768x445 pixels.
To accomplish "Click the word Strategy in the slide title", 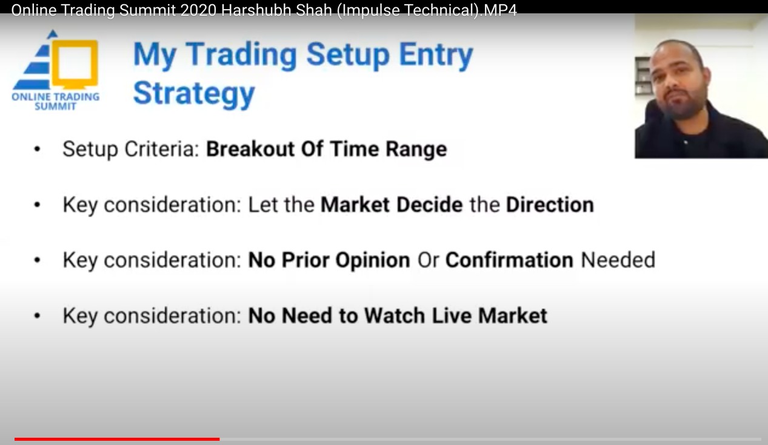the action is pos(194,93).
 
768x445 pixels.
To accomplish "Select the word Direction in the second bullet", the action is pos(550,205).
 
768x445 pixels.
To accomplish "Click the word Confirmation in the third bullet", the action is pos(510,260).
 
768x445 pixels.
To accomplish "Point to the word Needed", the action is pos(618,260).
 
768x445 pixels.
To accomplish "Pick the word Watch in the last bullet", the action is pos(394,315).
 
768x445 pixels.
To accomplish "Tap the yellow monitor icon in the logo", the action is pos(75,64).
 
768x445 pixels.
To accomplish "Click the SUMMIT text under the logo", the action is pos(56,107).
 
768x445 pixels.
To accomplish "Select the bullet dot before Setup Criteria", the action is pos(38,150).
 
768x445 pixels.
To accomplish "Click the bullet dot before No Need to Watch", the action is pos(38,316).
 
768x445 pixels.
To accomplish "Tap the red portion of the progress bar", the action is pos(117,439).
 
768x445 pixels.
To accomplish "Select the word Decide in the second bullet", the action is pos(430,205).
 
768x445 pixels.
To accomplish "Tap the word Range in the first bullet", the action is pos(416,149).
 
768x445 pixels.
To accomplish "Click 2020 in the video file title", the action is pos(198,10).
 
